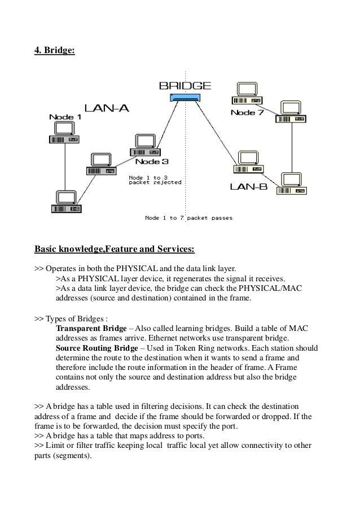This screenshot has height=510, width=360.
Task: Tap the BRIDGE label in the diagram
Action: tap(185, 86)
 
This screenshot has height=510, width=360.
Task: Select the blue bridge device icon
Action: tap(185, 99)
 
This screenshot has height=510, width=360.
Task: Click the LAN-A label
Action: tap(107, 108)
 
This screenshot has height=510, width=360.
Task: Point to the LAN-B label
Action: tap(248, 186)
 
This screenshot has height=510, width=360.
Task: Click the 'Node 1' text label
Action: tap(65, 117)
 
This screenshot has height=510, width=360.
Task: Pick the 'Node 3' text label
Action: tap(151, 162)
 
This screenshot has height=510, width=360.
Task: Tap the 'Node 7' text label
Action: tap(247, 113)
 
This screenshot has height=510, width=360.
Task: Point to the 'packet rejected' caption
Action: tap(155, 182)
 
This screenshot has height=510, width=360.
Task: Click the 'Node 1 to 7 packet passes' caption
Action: tap(188, 217)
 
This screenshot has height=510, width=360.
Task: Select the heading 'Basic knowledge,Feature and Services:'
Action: tap(115, 248)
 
